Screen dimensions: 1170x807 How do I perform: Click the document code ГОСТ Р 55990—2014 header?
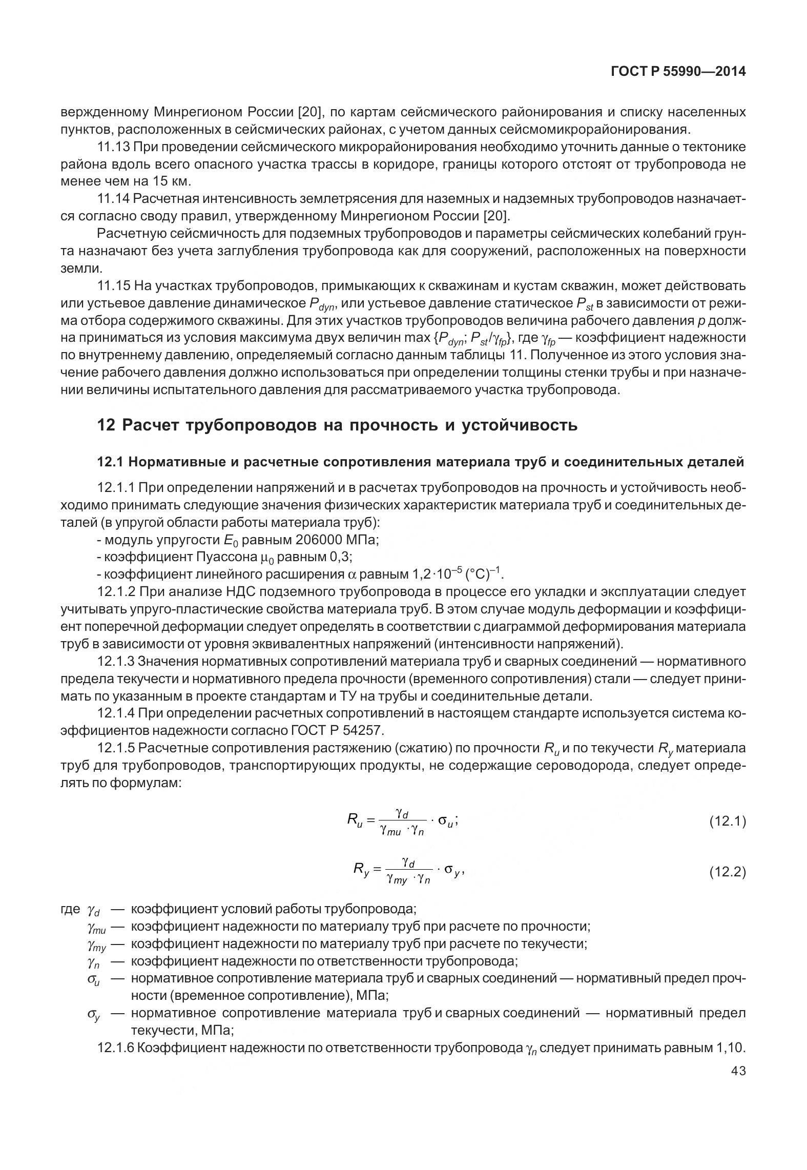point(678,72)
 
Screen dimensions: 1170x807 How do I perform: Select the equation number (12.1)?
point(727,822)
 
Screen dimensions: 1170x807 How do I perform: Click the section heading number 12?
point(106,425)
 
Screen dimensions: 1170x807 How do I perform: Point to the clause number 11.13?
point(113,148)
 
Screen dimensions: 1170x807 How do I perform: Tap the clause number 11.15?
point(113,285)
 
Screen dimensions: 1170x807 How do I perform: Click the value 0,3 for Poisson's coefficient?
point(341,557)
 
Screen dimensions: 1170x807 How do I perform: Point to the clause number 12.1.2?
point(116,592)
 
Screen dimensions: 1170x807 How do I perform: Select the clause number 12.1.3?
point(116,662)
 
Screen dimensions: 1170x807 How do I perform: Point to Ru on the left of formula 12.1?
point(355,822)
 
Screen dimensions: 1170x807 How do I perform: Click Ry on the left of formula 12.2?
point(361,870)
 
